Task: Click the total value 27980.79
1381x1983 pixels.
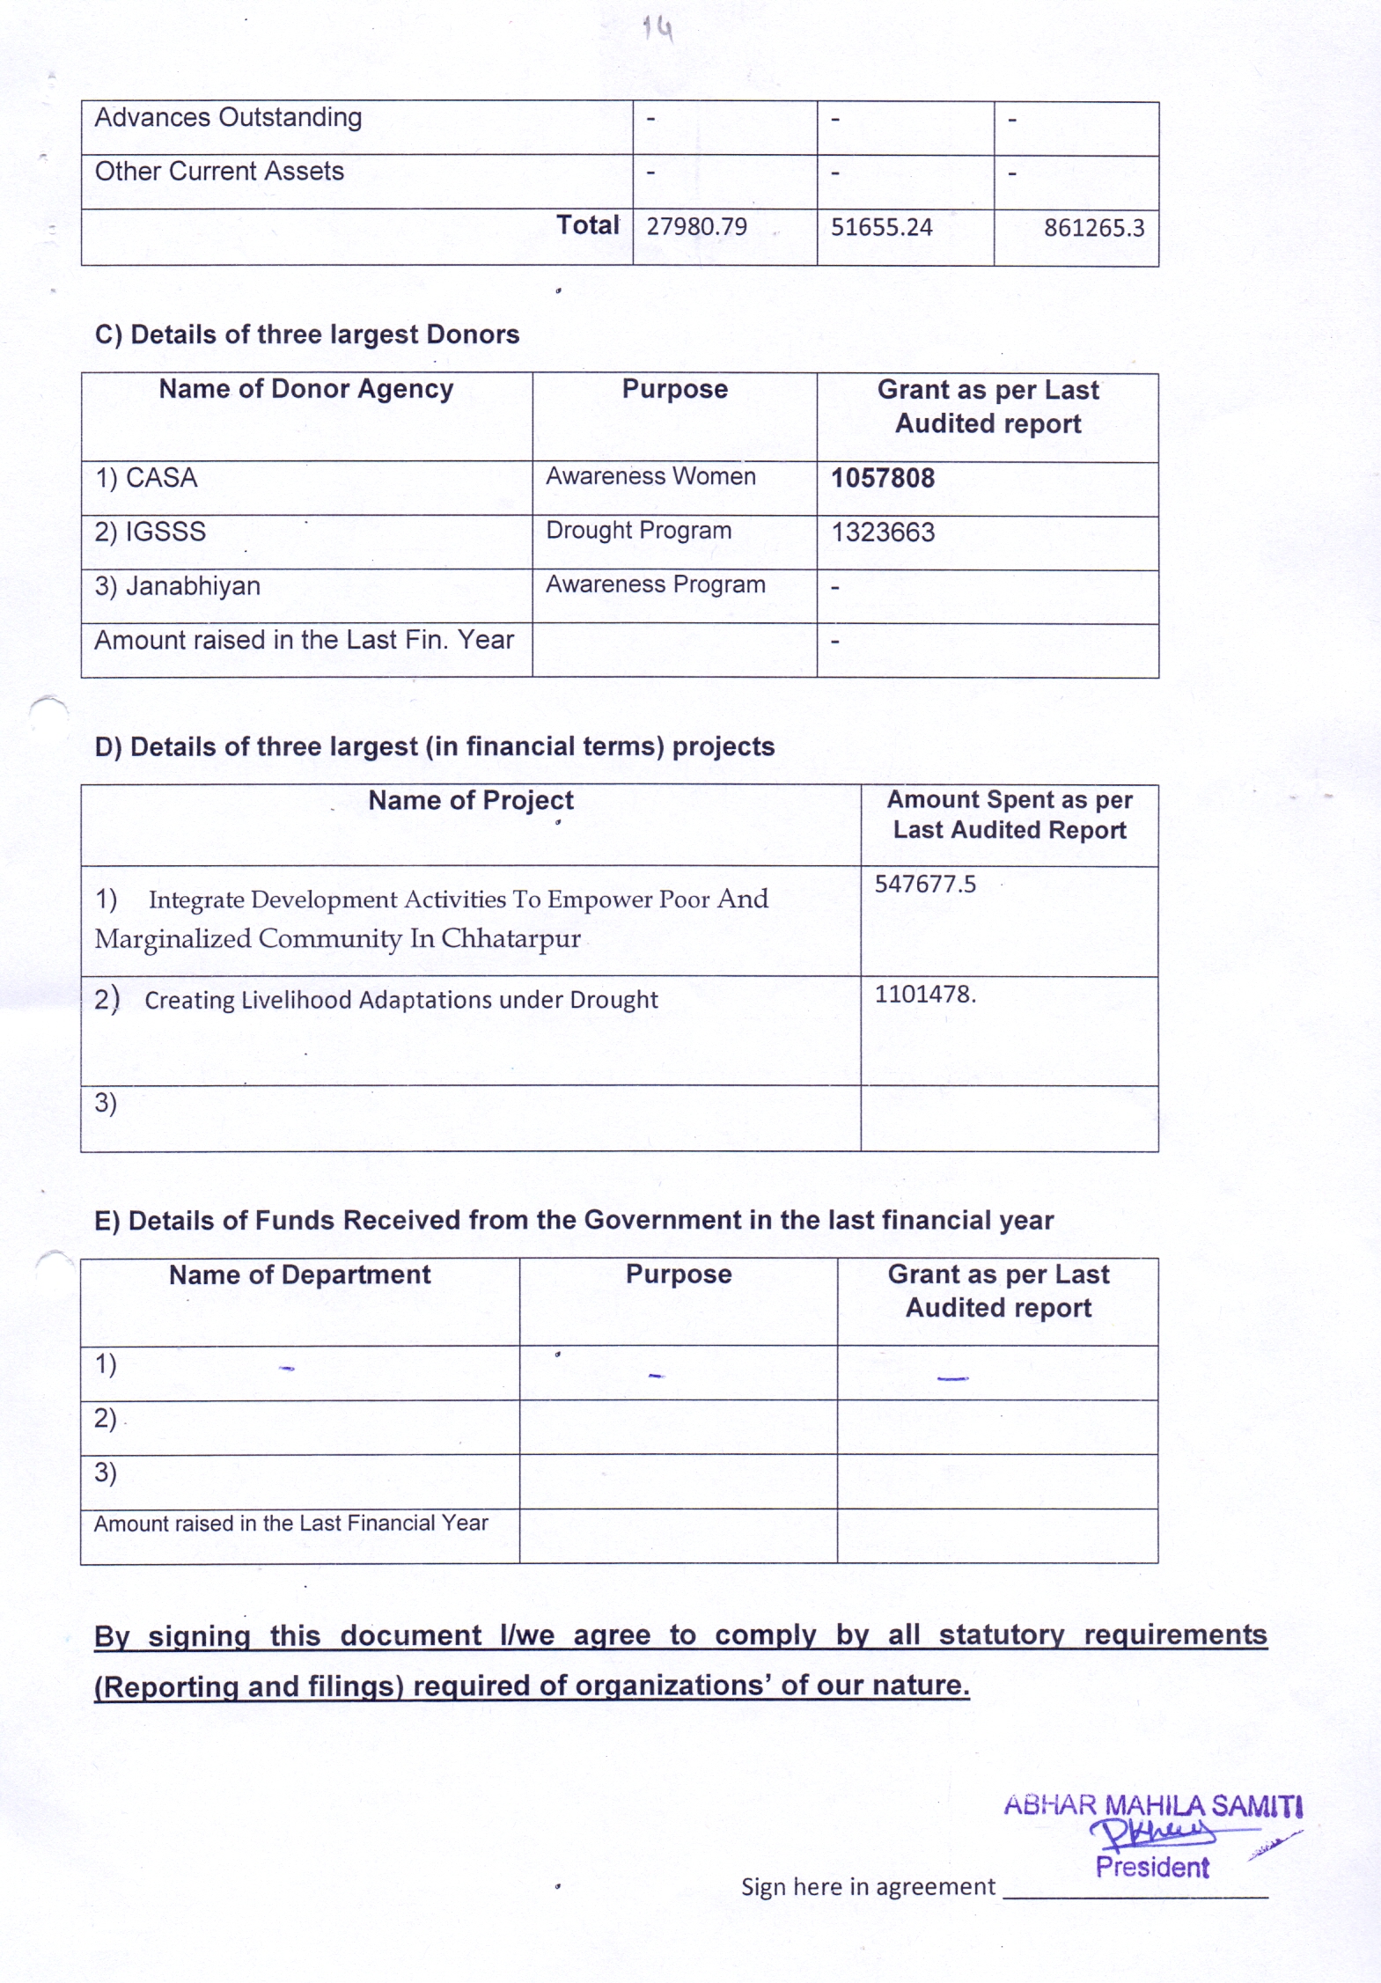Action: pyautogui.click(x=696, y=227)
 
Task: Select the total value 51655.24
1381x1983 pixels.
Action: pyautogui.click(x=881, y=227)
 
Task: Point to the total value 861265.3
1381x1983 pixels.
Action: pyautogui.click(x=1093, y=228)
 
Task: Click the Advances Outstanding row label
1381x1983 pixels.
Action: pyautogui.click(x=228, y=117)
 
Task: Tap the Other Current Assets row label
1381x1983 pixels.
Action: pyautogui.click(x=219, y=171)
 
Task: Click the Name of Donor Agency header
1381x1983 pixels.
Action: pyautogui.click(x=305, y=389)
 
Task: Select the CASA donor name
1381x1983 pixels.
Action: pyautogui.click(x=161, y=478)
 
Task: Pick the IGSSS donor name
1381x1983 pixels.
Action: pyautogui.click(x=165, y=532)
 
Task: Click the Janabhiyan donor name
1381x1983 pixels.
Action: pyautogui.click(x=193, y=586)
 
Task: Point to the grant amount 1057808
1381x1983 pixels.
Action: pyautogui.click(x=883, y=478)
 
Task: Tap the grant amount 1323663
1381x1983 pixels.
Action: pyautogui.click(x=883, y=532)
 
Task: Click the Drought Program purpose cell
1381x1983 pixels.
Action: pyautogui.click(x=638, y=531)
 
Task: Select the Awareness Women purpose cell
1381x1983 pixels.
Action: pyautogui.click(x=650, y=476)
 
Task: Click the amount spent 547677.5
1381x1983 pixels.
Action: pyautogui.click(x=925, y=884)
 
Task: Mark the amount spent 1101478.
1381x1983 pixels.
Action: pyautogui.click(x=925, y=995)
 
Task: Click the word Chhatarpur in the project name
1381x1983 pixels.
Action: pyautogui.click(x=511, y=938)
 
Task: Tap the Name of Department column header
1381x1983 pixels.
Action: pyautogui.click(x=299, y=1274)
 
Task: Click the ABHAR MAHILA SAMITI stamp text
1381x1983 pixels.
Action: pyautogui.click(x=1152, y=1805)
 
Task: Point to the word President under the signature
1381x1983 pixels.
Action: pyautogui.click(x=1152, y=1867)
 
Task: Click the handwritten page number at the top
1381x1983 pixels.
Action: pyautogui.click(x=657, y=29)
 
